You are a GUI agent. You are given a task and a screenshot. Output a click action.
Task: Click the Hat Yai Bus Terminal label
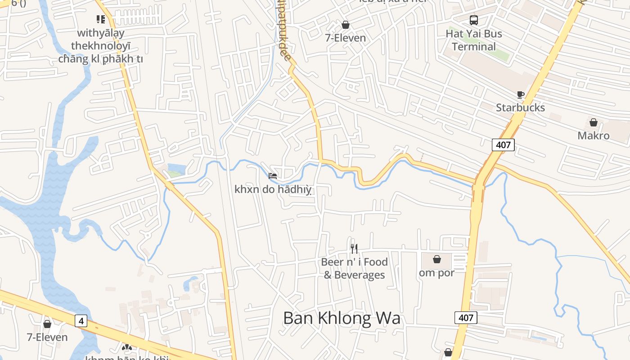(x=474, y=40)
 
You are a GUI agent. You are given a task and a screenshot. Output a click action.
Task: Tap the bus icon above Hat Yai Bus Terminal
(x=474, y=20)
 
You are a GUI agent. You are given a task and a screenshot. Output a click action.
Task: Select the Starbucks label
(x=520, y=108)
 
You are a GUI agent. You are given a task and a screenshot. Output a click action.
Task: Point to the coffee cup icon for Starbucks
(x=520, y=95)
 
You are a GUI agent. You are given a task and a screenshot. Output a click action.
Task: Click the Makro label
(x=594, y=135)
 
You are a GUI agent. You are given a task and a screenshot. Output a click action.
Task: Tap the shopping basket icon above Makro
(x=594, y=122)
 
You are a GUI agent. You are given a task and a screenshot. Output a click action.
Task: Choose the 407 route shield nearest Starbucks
(x=503, y=145)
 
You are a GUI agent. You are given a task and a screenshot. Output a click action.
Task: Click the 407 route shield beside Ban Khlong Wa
(x=466, y=318)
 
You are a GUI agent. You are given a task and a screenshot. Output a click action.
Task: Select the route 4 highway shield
(x=81, y=321)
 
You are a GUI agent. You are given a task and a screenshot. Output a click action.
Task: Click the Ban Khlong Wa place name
(x=342, y=318)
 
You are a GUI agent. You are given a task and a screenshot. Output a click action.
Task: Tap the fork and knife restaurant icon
(x=354, y=248)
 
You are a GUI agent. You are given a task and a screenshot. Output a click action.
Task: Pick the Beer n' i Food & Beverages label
(x=354, y=268)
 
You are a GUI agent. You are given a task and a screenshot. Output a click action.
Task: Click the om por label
(x=436, y=273)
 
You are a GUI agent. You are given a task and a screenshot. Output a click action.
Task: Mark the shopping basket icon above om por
(x=436, y=259)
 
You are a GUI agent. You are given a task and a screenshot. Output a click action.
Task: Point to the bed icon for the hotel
(x=273, y=175)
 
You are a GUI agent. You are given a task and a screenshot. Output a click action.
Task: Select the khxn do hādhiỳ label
(x=273, y=189)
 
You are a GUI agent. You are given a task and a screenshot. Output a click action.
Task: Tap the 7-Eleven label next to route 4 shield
(x=47, y=337)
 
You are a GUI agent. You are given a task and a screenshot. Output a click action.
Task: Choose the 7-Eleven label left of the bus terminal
(x=346, y=38)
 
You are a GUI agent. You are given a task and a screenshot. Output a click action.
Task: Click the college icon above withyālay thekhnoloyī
(x=100, y=19)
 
